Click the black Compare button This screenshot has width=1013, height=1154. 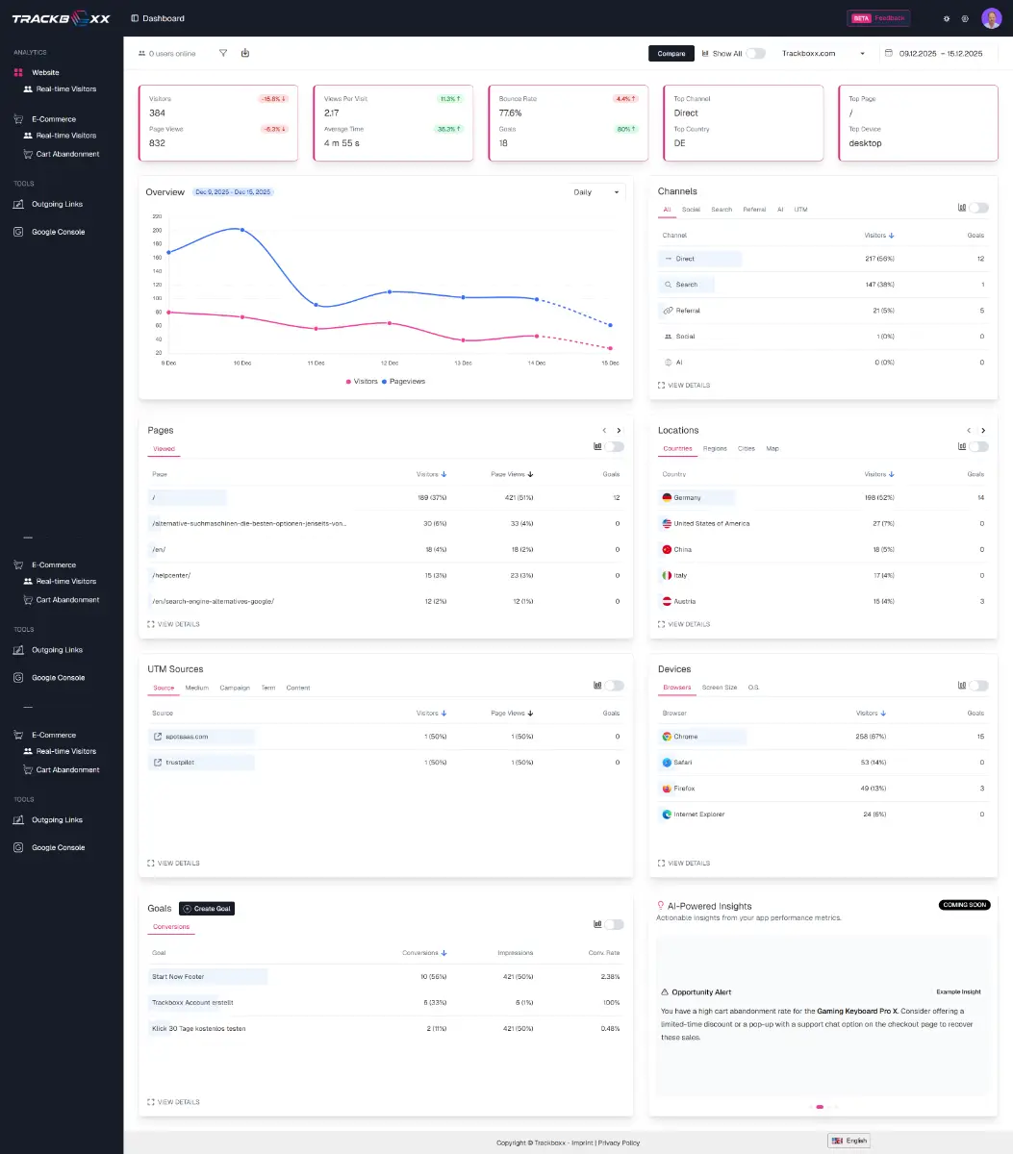671,54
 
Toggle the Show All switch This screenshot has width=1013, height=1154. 756,54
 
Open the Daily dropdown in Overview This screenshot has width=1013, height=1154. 596,192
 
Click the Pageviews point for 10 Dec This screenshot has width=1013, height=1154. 242,230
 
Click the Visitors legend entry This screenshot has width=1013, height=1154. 362,382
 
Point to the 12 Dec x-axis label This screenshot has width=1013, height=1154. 389,363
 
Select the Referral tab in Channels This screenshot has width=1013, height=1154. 754,209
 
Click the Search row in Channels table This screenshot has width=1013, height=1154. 686,285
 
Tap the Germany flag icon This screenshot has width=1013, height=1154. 667,498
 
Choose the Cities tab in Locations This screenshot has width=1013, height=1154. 747,448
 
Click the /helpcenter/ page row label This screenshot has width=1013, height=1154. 171,575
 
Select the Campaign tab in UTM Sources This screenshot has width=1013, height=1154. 235,688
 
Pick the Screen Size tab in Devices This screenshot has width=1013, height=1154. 720,688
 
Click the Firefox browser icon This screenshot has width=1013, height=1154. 667,789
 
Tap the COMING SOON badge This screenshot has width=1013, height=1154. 964,905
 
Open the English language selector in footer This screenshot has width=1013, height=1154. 849,1141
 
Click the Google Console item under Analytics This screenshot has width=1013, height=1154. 58,232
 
